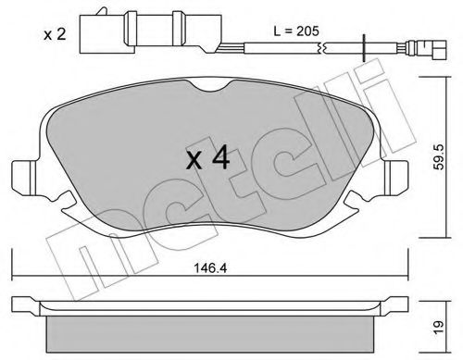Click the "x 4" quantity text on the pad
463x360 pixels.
(208, 158)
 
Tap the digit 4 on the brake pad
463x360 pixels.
(221, 158)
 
